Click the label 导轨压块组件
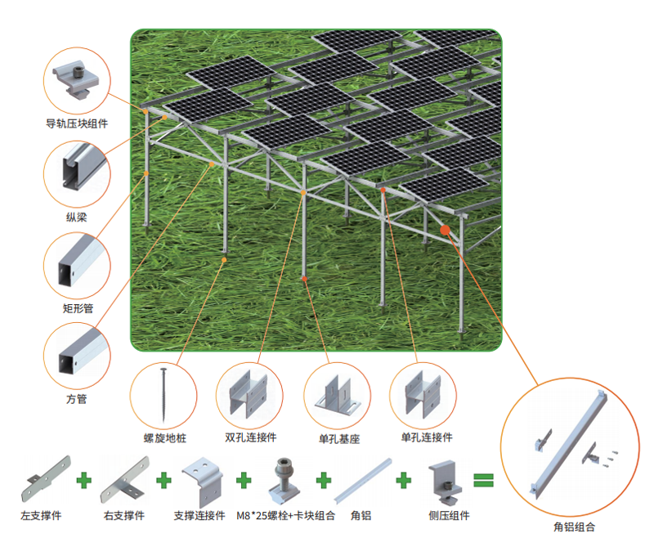[77, 123]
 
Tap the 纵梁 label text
[77, 217]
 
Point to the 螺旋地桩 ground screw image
[163, 395]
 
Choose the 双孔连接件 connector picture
[249, 395]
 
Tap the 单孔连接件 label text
[427, 437]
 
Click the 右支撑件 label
[124, 516]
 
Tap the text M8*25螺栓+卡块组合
[285, 516]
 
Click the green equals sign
[484, 480]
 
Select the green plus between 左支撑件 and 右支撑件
[84, 480]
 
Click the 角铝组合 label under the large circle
[574, 527]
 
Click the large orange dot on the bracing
[445, 230]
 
